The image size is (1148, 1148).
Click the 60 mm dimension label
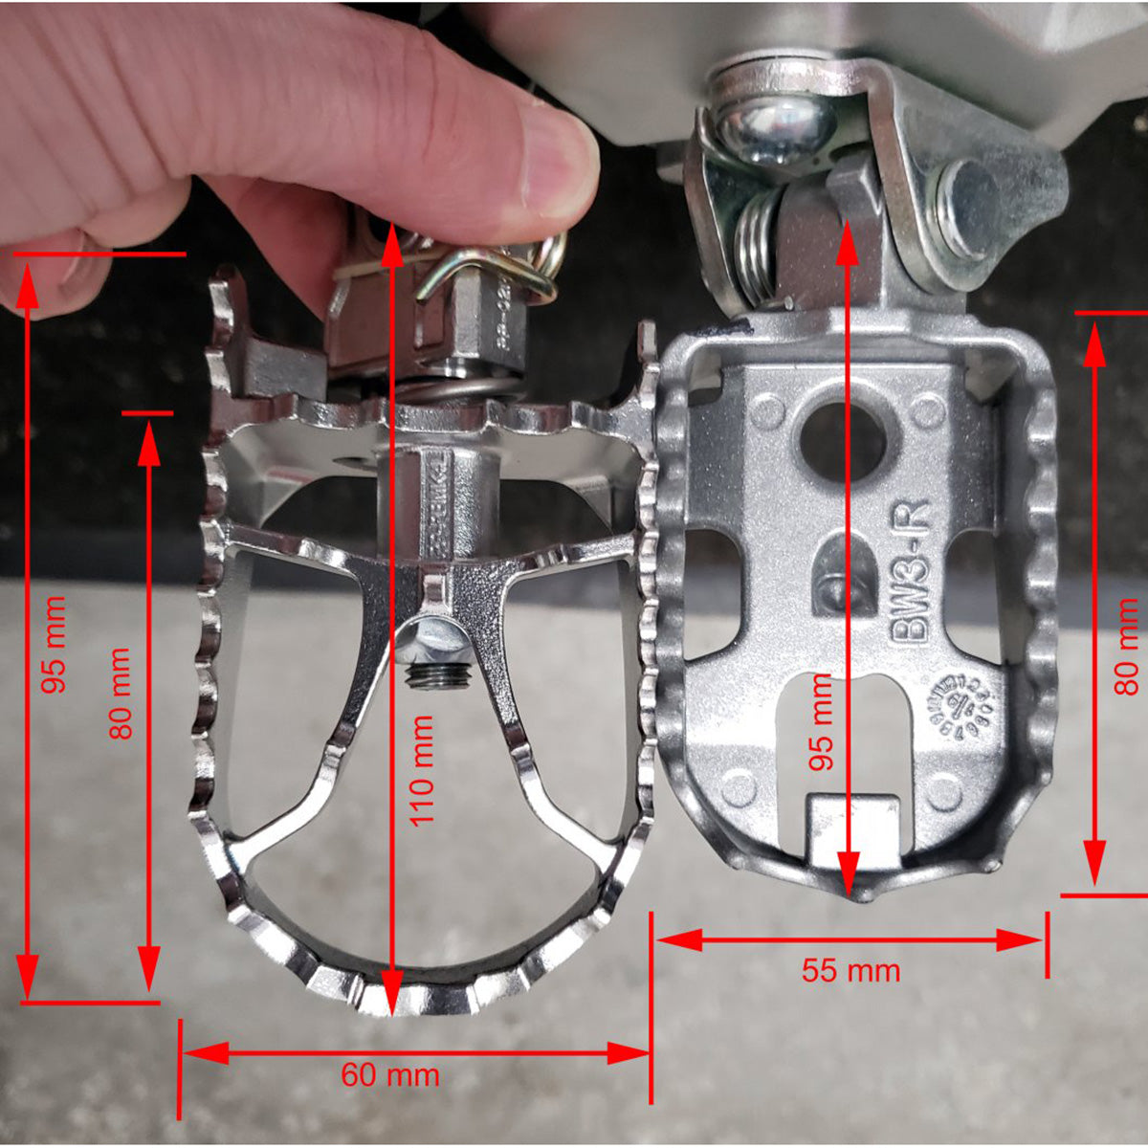390,1074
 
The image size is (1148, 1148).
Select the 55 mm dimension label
850,971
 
